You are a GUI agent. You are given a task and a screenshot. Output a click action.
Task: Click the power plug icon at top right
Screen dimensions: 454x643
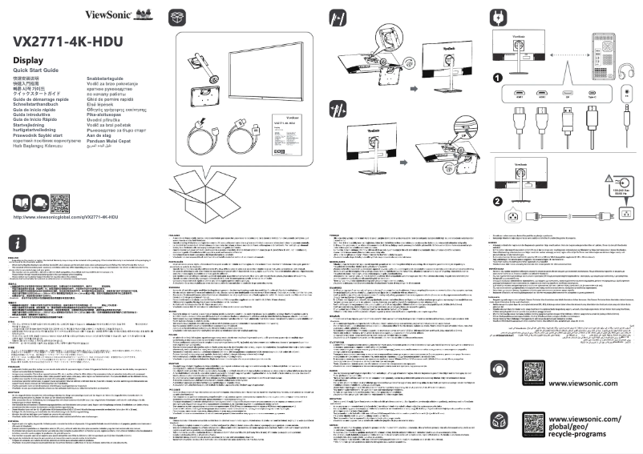(x=497, y=16)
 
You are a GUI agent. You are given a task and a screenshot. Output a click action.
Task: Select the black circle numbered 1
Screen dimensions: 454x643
(x=497, y=78)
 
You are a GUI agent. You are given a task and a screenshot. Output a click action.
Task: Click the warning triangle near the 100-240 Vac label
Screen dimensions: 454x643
(x=609, y=178)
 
